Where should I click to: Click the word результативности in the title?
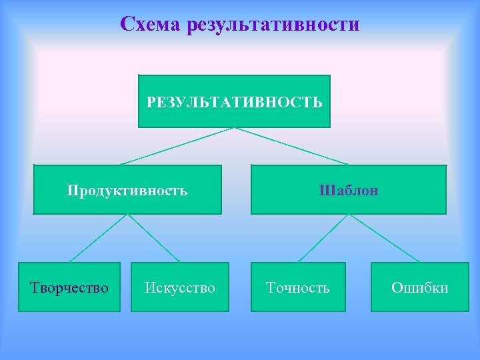(x=274, y=25)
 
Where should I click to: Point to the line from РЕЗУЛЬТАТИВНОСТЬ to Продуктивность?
(x=177, y=146)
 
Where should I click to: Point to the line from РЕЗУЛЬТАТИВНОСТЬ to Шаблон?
(x=291, y=146)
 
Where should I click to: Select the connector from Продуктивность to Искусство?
(x=154, y=238)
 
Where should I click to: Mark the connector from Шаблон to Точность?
(x=323, y=238)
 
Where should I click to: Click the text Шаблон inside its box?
(x=349, y=191)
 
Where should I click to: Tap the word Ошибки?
(x=419, y=288)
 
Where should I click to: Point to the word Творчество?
(x=69, y=288)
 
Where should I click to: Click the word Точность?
(x=298, y=288)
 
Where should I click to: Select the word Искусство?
(x=180, y=288)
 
